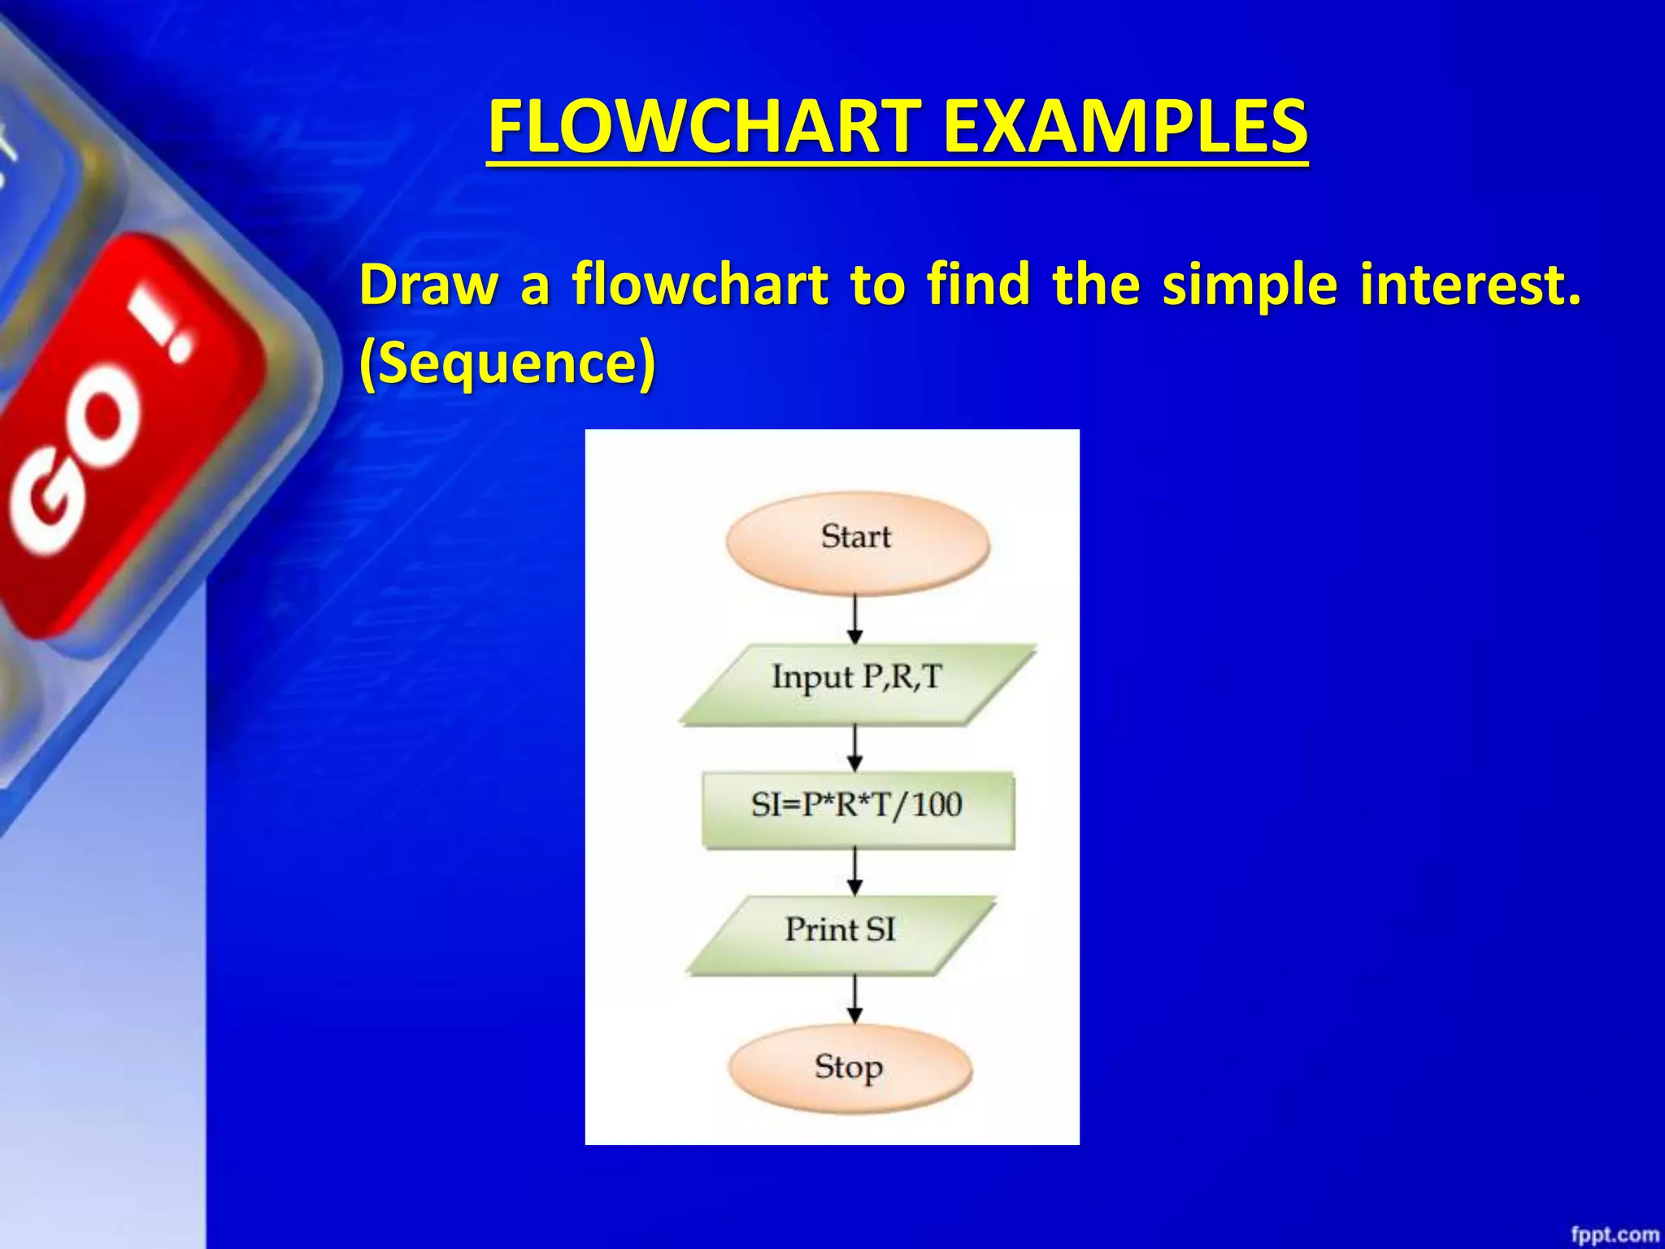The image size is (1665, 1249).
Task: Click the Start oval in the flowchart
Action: click(857, 540)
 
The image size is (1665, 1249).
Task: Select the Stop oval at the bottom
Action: click(850, 1068)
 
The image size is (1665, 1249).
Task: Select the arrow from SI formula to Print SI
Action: click(854, 871)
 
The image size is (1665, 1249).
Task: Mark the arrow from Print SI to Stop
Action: click(854, 999)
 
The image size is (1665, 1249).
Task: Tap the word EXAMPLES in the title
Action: click(1125, 127)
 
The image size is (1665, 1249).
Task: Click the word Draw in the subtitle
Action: click(428, 285)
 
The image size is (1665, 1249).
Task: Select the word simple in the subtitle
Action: click(1249, 286)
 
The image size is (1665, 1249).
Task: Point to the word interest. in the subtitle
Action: click(1470, 285)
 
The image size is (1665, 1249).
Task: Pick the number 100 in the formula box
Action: click(937, 805)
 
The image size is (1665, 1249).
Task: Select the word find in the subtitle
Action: click(978, 285)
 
